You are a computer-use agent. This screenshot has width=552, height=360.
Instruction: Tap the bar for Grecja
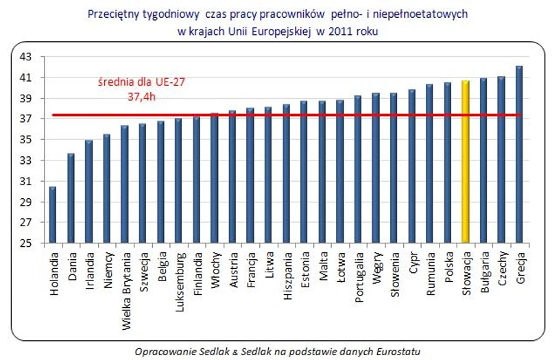(519, 154)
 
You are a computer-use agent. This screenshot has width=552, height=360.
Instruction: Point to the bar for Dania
(71, 198)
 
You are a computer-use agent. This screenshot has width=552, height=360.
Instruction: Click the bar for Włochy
(215, 178)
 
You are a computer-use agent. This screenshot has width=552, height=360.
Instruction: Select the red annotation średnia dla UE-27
(141, 82)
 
